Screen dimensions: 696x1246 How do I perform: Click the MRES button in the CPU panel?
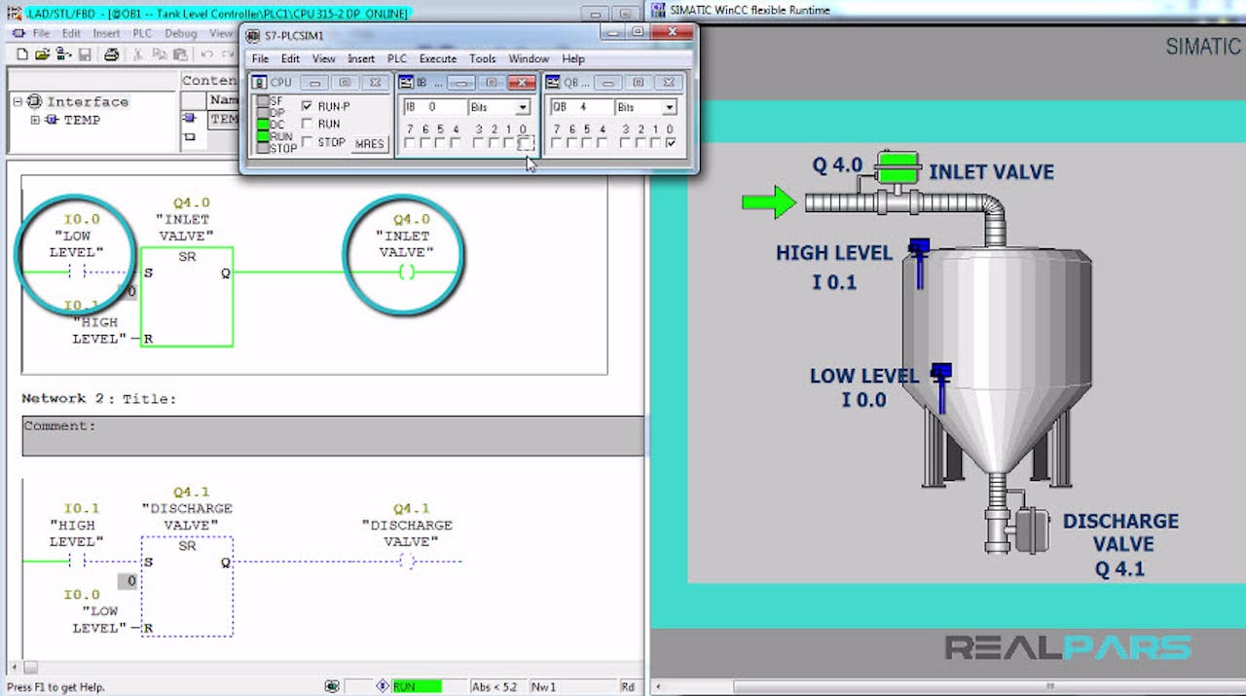pyautogui.click(x=369, y=143)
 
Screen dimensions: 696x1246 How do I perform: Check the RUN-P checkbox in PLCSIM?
pyautogui.click(x=308, y=106)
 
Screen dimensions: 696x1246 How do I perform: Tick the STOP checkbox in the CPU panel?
pyautogui.click(x=308, y=142)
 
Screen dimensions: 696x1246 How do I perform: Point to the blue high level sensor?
pyautogui.click(x=918, y=261)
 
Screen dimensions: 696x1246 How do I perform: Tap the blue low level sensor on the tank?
pyautogui.click(x=941, y=385)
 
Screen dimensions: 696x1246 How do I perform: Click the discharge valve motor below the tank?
pyautogui.click(x=1031, y=531)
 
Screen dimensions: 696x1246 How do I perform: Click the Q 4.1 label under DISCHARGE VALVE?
pyautogui.click(x=1120, y=568)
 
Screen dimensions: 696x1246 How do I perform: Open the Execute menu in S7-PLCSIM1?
pyautogui.click(x=437, y=58)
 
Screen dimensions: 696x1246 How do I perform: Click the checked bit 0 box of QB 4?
pyautogui.click(x=670, y=143)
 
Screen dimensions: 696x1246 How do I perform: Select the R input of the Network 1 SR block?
pyautogui.click(x=148, y=339)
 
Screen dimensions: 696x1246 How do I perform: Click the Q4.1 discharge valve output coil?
pyautogui.click(x=407, y=561)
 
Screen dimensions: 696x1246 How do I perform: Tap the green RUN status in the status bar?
pyautogui.click(x=416, y=686)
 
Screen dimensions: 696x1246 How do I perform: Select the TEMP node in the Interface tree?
pyautogui.click(x=82, y=120)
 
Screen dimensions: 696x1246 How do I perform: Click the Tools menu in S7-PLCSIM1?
pyautogui.click(x=483, y=58)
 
